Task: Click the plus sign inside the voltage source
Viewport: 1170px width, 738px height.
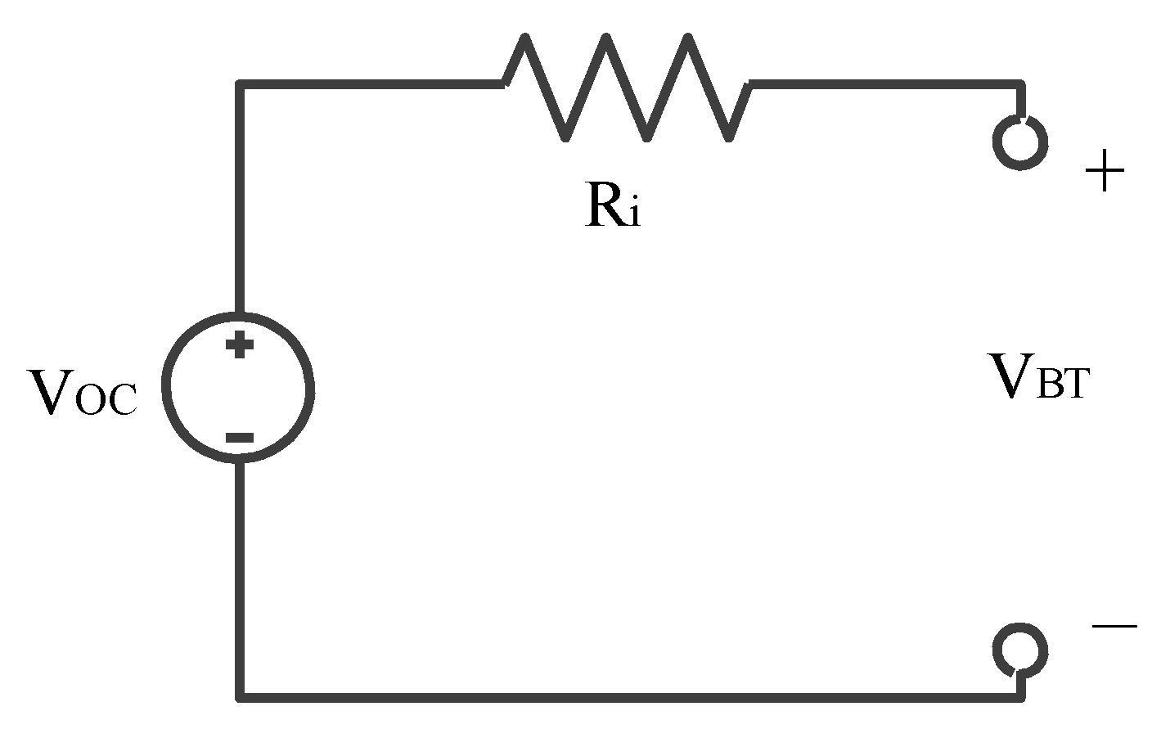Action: pos(239,344)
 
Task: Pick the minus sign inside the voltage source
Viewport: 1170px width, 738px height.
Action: pos(239,439)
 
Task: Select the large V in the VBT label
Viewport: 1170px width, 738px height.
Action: pos(1011,377)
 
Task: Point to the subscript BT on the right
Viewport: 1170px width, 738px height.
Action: pos(1062,385)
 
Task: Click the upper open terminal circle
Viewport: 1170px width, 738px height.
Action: pos(1020,142)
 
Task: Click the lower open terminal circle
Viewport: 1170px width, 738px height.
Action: pos(1020,650)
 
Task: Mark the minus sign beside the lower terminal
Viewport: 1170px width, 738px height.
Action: pos(1114,627)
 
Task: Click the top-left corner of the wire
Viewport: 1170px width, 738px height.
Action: pos(239,84)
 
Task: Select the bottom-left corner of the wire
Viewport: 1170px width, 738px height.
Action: pos(240,697)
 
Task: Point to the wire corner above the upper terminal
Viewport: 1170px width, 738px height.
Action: pos(1020,84)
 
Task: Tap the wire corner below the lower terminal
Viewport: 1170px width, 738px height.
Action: pos(1020,697)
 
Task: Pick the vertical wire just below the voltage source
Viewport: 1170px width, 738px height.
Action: pos(239,524)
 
